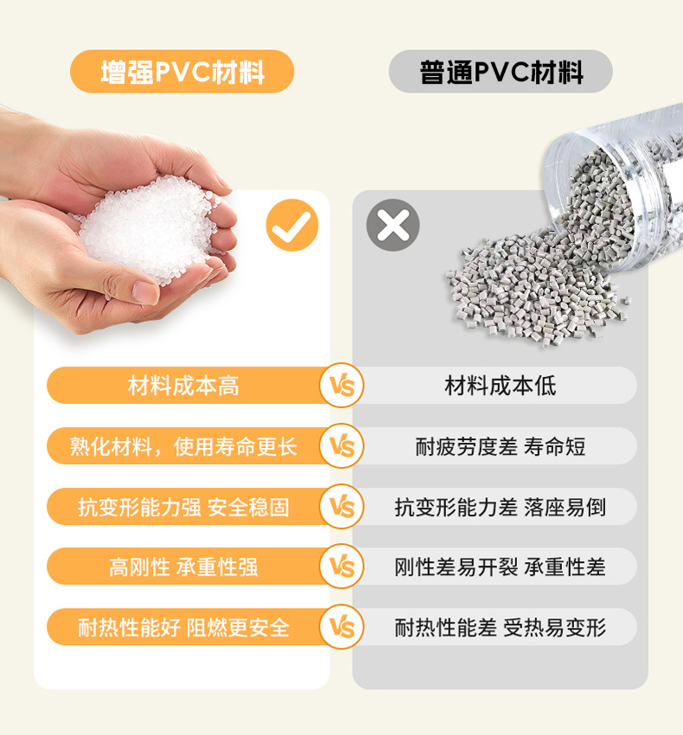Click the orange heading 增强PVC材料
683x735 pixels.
coord(182,72)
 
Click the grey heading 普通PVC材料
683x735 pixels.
coord(501,72)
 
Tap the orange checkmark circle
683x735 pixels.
coord(292,225)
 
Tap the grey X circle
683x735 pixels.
coord(393,225)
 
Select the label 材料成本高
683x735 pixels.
coord(183,386)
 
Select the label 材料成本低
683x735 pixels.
coord(501,386)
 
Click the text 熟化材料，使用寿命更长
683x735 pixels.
coord(183,446)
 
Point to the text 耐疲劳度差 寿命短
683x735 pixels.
coord(501,446)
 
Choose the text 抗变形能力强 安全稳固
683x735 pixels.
coord(183,508)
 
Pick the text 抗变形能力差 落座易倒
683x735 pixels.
coord(501,508)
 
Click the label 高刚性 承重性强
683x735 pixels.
coord(183,566)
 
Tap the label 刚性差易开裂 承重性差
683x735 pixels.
coord(501,566)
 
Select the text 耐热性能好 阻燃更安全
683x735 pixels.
coord(183,628)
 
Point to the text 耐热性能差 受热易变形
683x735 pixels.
coord(501,628)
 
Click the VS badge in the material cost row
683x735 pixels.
coord(341,386)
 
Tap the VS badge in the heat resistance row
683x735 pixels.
coord(341,627)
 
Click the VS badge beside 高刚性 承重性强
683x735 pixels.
coord(341,566)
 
